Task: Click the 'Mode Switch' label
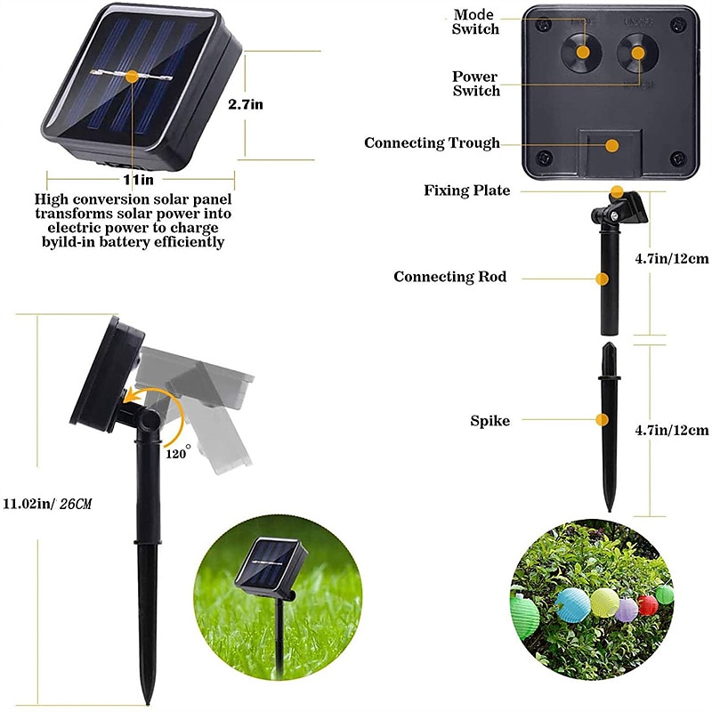click(475, 21)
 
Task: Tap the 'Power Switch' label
click(475, 84)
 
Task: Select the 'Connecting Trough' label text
click(432, 143)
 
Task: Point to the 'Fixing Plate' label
click(466, 190)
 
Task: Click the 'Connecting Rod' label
click(450, 277)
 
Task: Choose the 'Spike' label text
click(490, 421)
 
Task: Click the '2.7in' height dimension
click(246, 104)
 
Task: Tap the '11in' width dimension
click(139, 180)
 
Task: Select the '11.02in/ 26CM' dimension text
click(48, 504)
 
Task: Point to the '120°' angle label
click(177, 452)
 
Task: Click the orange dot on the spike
click(603, 420)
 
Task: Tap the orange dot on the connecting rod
click(603, 279)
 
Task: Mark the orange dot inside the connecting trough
click(612, 146)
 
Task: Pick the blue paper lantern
click(573, 605)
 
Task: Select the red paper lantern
click(648, 605)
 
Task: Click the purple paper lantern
click(627, 610)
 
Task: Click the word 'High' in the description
click(52, 199)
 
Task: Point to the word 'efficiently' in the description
click(189, 242)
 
